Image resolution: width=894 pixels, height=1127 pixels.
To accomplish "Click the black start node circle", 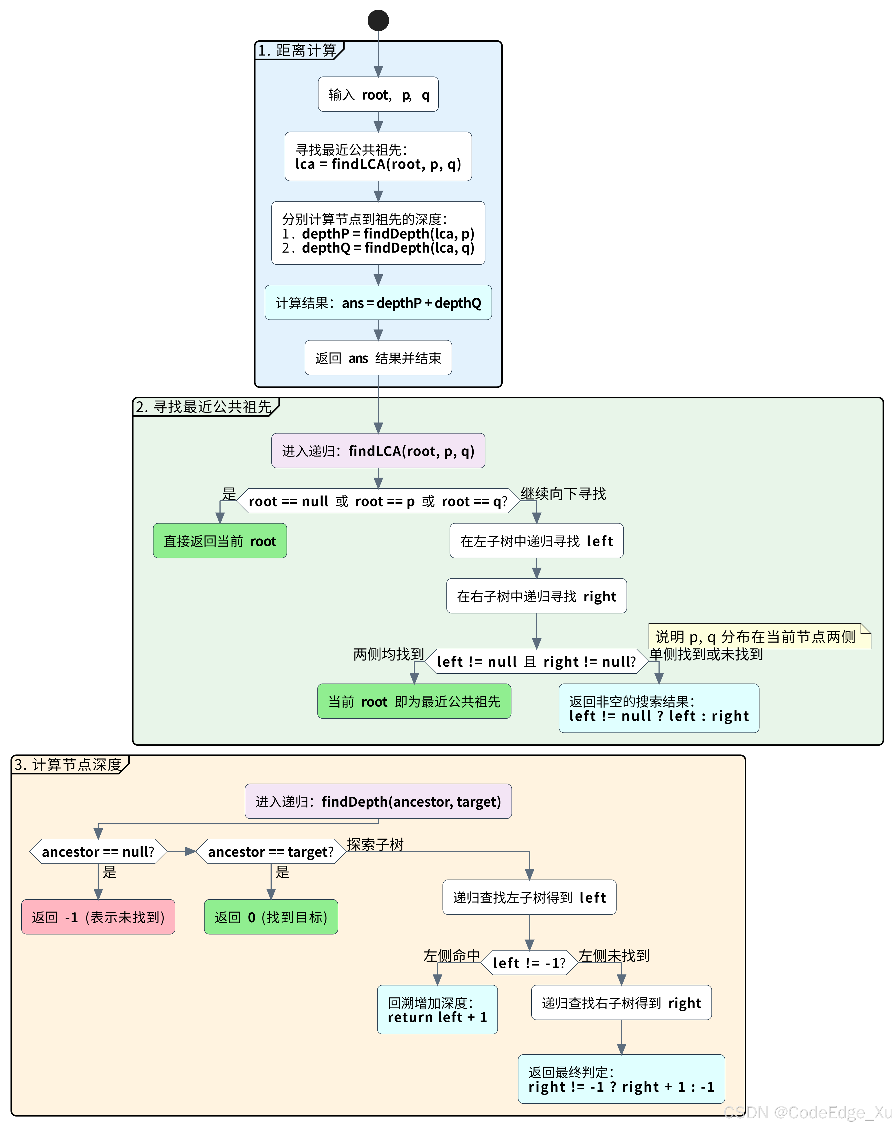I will click(x=378, y=20).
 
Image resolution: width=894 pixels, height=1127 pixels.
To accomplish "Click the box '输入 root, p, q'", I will click(x=378, y=95).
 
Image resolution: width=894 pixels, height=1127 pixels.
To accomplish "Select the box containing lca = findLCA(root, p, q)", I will click(x=378, y=157).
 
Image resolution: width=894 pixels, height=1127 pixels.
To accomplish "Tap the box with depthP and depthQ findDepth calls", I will click(x=378, y=233).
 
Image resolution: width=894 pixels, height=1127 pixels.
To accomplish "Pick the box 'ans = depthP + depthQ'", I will click(x=378, y=303).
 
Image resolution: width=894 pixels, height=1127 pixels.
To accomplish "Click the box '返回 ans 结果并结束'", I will click(x=378, y=358).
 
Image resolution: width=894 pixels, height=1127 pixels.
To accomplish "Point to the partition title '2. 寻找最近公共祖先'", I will click(x=204, y=407).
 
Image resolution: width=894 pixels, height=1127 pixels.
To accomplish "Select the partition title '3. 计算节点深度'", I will click(x=68, y=765).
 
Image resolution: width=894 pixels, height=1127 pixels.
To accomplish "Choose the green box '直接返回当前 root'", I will click(x=220, y=541).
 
